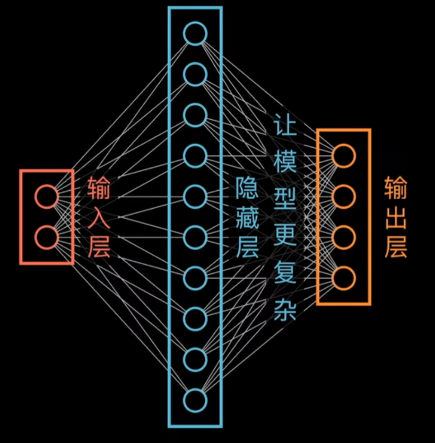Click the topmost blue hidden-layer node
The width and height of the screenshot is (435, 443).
[195, 33]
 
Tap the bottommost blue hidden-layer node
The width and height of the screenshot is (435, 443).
[195, 400]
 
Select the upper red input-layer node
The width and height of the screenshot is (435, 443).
[46, 196]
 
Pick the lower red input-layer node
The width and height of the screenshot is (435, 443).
[46, 237]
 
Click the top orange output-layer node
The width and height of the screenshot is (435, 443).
[343, 156]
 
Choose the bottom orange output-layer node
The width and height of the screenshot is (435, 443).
[343, 278]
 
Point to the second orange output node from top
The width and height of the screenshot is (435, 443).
[343, 197]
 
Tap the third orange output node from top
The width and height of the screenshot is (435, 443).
[343, 237]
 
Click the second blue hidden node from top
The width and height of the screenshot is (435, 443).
[195, 74]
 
